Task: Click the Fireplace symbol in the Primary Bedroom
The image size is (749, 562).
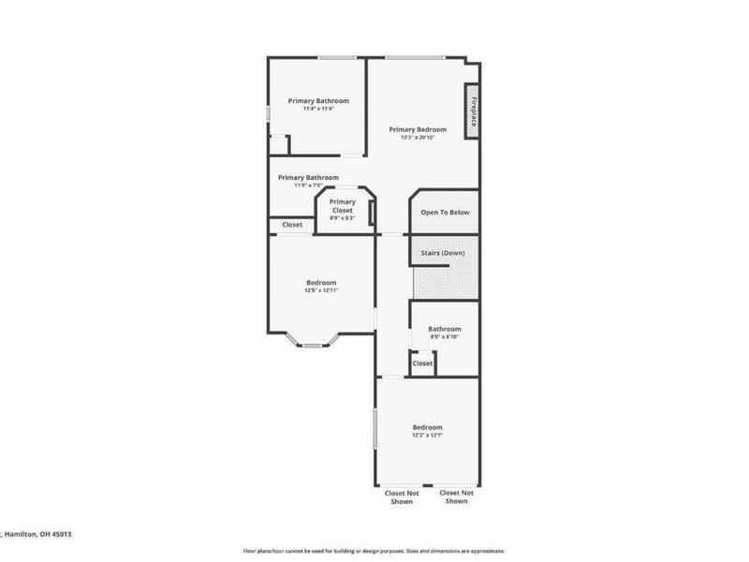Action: point(473,111)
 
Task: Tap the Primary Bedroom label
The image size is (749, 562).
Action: point(418,129)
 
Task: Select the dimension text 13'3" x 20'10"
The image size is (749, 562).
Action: point(418,138)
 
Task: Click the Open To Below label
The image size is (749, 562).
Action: point(445,213)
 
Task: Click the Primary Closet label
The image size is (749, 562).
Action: point(343,206)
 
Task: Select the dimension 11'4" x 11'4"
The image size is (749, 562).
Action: point(318,109)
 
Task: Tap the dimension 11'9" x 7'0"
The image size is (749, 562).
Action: point(308,185)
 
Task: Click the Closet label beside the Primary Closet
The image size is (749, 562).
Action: point(292,225)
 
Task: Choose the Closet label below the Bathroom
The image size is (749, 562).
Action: point(422,363)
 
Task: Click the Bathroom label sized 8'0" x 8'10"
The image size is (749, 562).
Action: point(445,329)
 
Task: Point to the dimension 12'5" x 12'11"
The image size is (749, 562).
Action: point(321,290)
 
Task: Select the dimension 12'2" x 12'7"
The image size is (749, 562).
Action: point(427,436)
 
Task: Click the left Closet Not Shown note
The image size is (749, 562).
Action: point(402,496)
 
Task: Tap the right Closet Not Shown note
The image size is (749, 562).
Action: point(456,496)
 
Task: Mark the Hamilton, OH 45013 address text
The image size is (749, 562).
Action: point(37,534)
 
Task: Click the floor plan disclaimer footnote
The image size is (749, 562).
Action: point(374,551)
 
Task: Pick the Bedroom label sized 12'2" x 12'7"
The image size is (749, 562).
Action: point(427,427)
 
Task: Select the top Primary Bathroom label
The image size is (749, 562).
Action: point(318,100)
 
